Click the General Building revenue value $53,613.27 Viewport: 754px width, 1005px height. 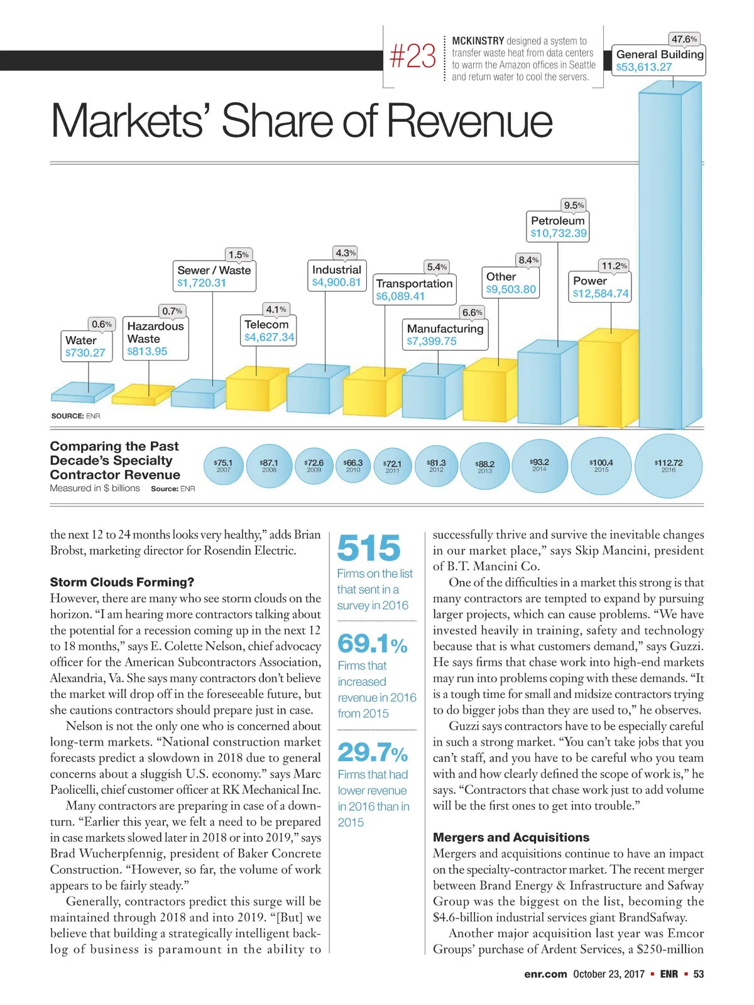[x=644, y=67]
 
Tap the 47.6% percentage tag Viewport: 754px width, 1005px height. [x=684, y=39]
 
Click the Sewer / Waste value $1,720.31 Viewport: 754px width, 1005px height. [x=201, y=283]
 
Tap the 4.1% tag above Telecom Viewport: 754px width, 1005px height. [x=276, y=309]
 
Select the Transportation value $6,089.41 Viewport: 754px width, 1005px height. [x=400, y=296]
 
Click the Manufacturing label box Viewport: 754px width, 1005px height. [x=445, y=335]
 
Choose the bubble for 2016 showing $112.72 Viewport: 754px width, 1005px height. [x=669, y=465]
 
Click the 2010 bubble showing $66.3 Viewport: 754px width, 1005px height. [x=353, y=465]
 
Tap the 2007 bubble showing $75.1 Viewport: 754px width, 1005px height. [x=223, y=465]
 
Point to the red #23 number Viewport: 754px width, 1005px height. [x=412, y=57]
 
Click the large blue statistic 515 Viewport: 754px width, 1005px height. [x=369, y=548]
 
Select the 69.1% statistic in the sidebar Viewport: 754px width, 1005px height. [x=373, y=644]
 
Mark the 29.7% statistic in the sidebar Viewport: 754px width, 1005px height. [x=373, y=752]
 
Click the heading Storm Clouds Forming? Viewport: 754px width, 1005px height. [x=122, y=582]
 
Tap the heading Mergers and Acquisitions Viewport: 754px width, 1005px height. [x=511, y=837]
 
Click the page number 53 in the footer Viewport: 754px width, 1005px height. [x=698, y=974]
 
